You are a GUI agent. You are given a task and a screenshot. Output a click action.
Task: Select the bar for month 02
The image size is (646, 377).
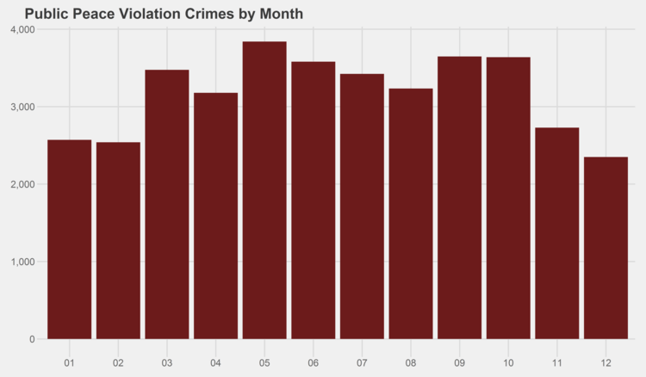118,240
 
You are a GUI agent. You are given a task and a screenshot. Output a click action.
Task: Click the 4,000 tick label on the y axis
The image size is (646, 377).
22,30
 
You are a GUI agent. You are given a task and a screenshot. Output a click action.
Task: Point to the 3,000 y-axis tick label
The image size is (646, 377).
22,107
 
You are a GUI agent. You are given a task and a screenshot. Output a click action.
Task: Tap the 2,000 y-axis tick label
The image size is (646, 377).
22,184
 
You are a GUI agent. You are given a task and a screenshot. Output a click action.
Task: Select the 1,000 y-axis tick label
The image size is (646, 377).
22,262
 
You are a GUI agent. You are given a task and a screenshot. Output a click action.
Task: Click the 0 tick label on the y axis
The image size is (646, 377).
31,339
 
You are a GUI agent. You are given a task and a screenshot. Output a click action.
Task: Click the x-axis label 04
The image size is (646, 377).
215,362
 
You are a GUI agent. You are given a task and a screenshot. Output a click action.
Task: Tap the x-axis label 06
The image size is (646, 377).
313,362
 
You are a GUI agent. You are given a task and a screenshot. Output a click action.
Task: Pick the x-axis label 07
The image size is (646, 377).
362,362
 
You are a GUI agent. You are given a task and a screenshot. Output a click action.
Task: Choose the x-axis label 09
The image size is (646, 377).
459,362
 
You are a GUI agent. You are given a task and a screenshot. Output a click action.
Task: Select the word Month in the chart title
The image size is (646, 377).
279,15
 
